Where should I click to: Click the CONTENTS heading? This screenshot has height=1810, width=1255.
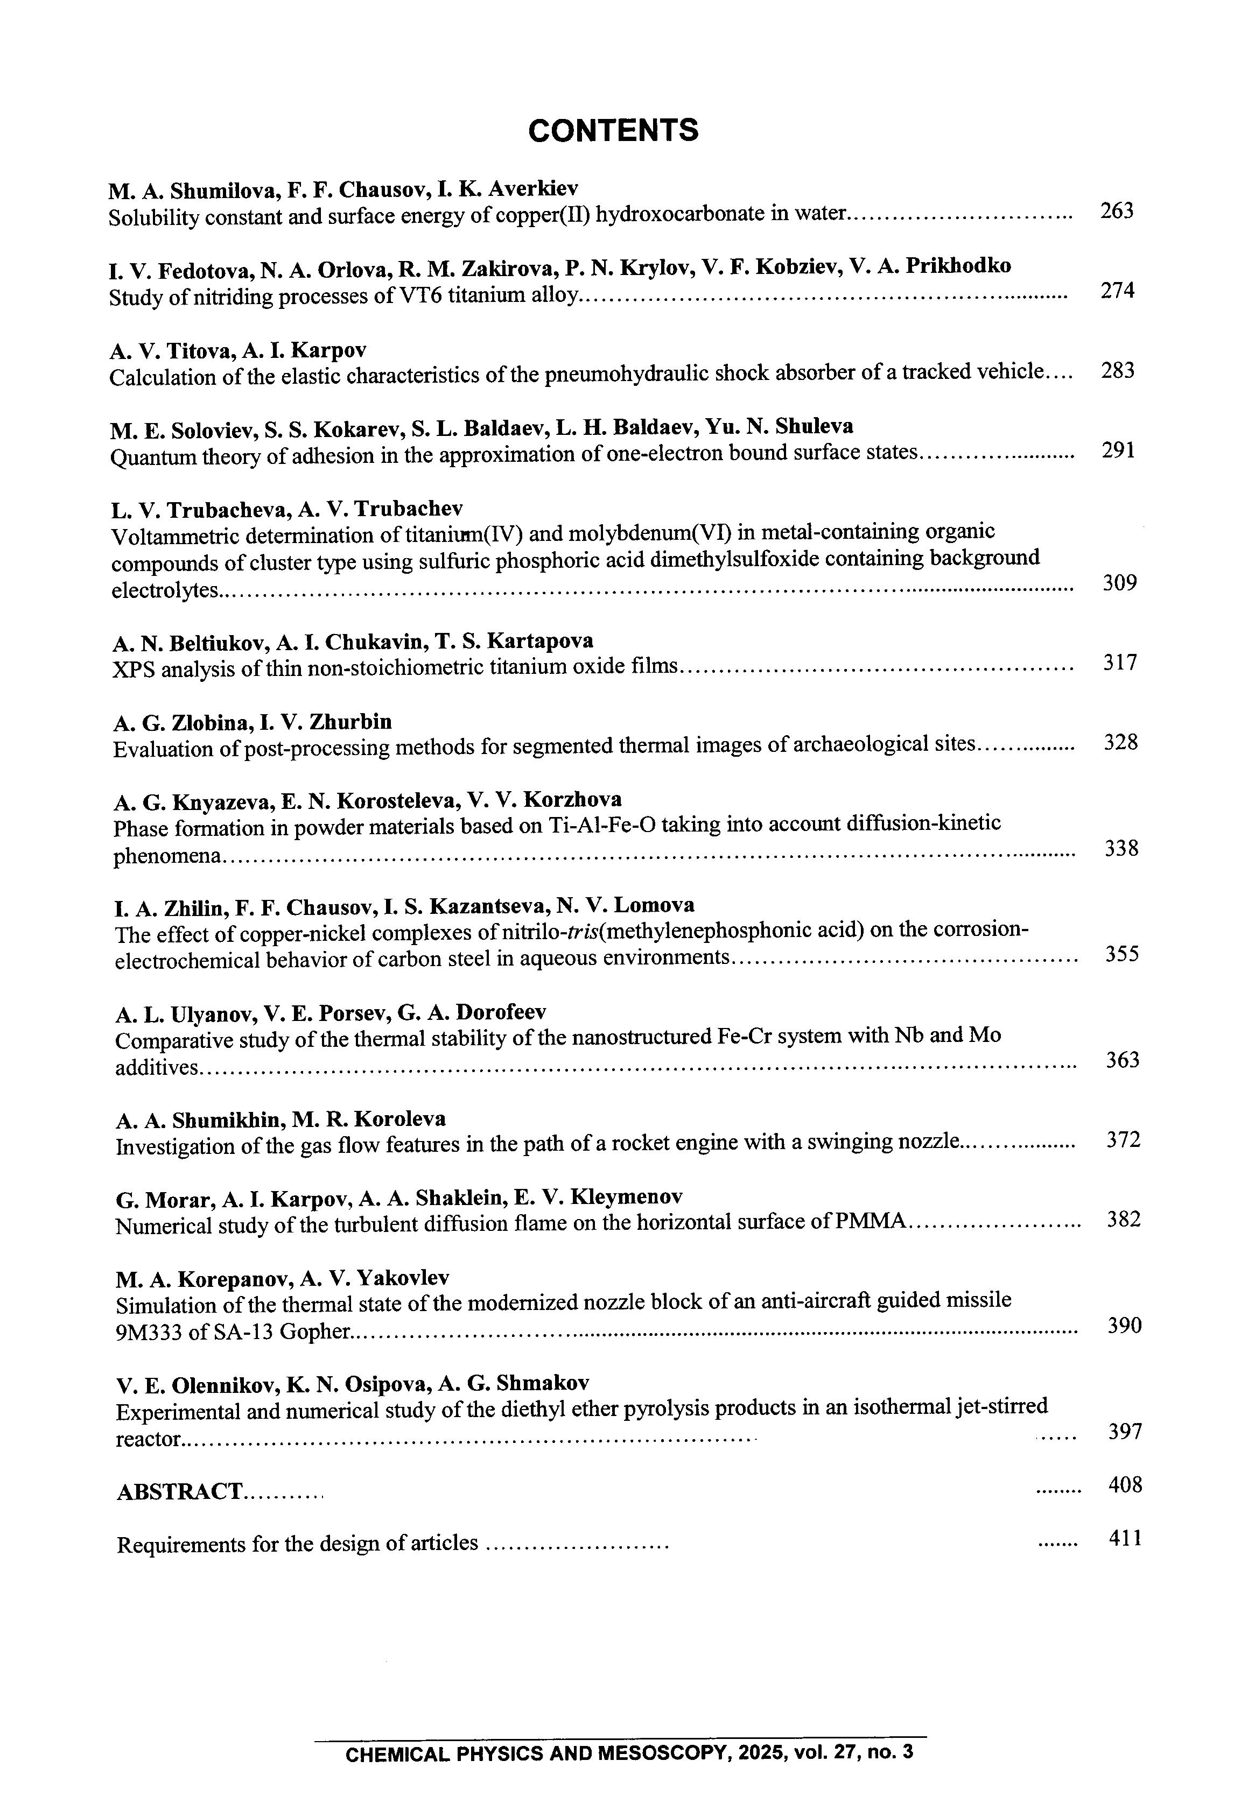(613, 130)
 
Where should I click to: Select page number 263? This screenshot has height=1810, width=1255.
(1117, 210)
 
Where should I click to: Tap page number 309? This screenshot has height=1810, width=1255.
(1120, 582)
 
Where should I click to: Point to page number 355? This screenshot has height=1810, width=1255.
(1122, 954)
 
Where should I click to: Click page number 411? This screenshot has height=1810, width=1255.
(1125, 1538)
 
